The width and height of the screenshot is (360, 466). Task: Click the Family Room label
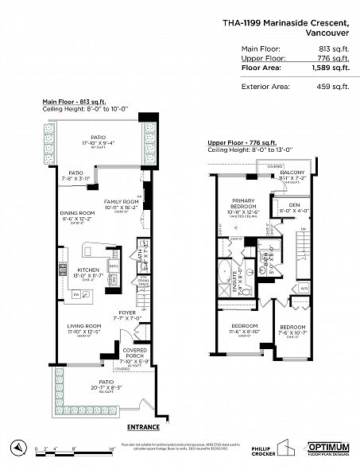point(122,202)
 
